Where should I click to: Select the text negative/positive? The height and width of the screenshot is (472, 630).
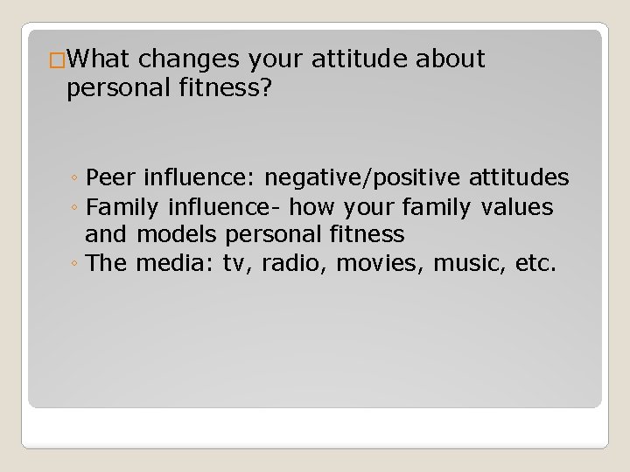tap(360, 179)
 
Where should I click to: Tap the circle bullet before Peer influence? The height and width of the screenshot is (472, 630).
tap(76, 180)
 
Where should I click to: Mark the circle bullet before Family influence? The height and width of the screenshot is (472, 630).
tap(76, 208)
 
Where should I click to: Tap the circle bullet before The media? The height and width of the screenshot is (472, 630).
tap(76, 263)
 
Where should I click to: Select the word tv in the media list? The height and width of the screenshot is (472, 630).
tap(235, 263)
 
